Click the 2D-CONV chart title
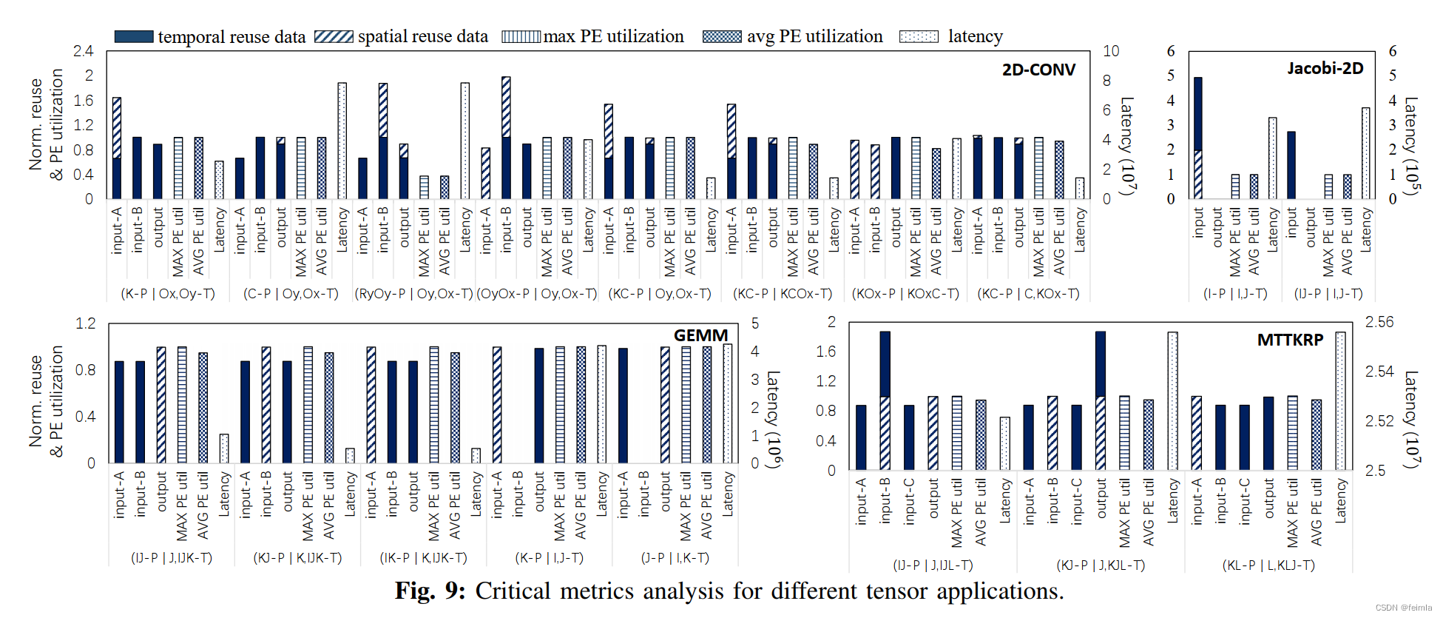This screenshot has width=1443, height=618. (x=1038, y=70)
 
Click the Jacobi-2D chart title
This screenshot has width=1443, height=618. (x=1325, y=68)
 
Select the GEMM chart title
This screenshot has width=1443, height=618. (x=700, y=335)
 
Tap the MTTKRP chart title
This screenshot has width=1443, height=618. (x=1290, y=340)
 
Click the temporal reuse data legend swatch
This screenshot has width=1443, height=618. (x=134, y=36)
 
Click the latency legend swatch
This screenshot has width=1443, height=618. (x=919, y=36)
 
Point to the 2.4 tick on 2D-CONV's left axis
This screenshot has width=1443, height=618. (x=84, y=51)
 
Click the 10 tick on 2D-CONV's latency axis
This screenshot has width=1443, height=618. (x=1111, y=51)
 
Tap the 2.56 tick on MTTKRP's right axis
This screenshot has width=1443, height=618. (x=1379, y=322)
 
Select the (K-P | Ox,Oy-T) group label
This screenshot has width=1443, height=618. (x=168, y=294)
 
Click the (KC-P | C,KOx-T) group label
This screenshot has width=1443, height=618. (x=1028, y=294)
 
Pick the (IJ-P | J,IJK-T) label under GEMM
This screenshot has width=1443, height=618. (x=172, y=557)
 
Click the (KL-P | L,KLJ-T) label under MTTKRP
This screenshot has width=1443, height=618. (x=1268, y=565)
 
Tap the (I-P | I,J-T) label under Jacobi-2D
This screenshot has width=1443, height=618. (x=1235, y=294)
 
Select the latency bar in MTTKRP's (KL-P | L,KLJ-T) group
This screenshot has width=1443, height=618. (x=1340, y=400)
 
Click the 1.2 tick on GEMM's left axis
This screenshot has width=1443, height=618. (x=86, y=323)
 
